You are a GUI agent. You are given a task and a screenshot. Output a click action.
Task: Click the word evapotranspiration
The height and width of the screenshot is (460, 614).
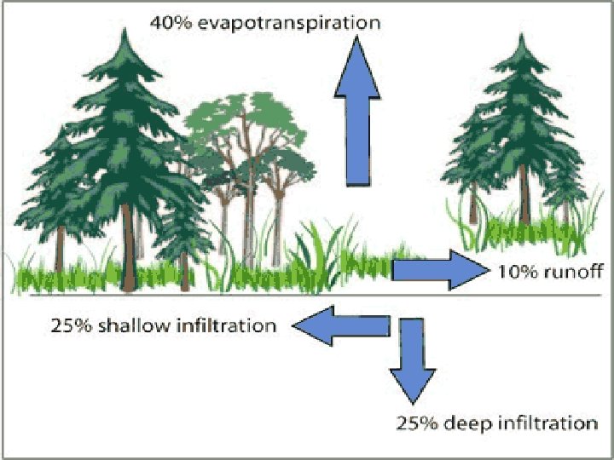click(x=288, y=22)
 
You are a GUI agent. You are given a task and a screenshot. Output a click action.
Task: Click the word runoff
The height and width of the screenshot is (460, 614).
click(x=576, y=273)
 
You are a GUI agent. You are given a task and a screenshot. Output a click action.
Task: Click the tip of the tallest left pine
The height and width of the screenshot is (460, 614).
click(x=126, y=30)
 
